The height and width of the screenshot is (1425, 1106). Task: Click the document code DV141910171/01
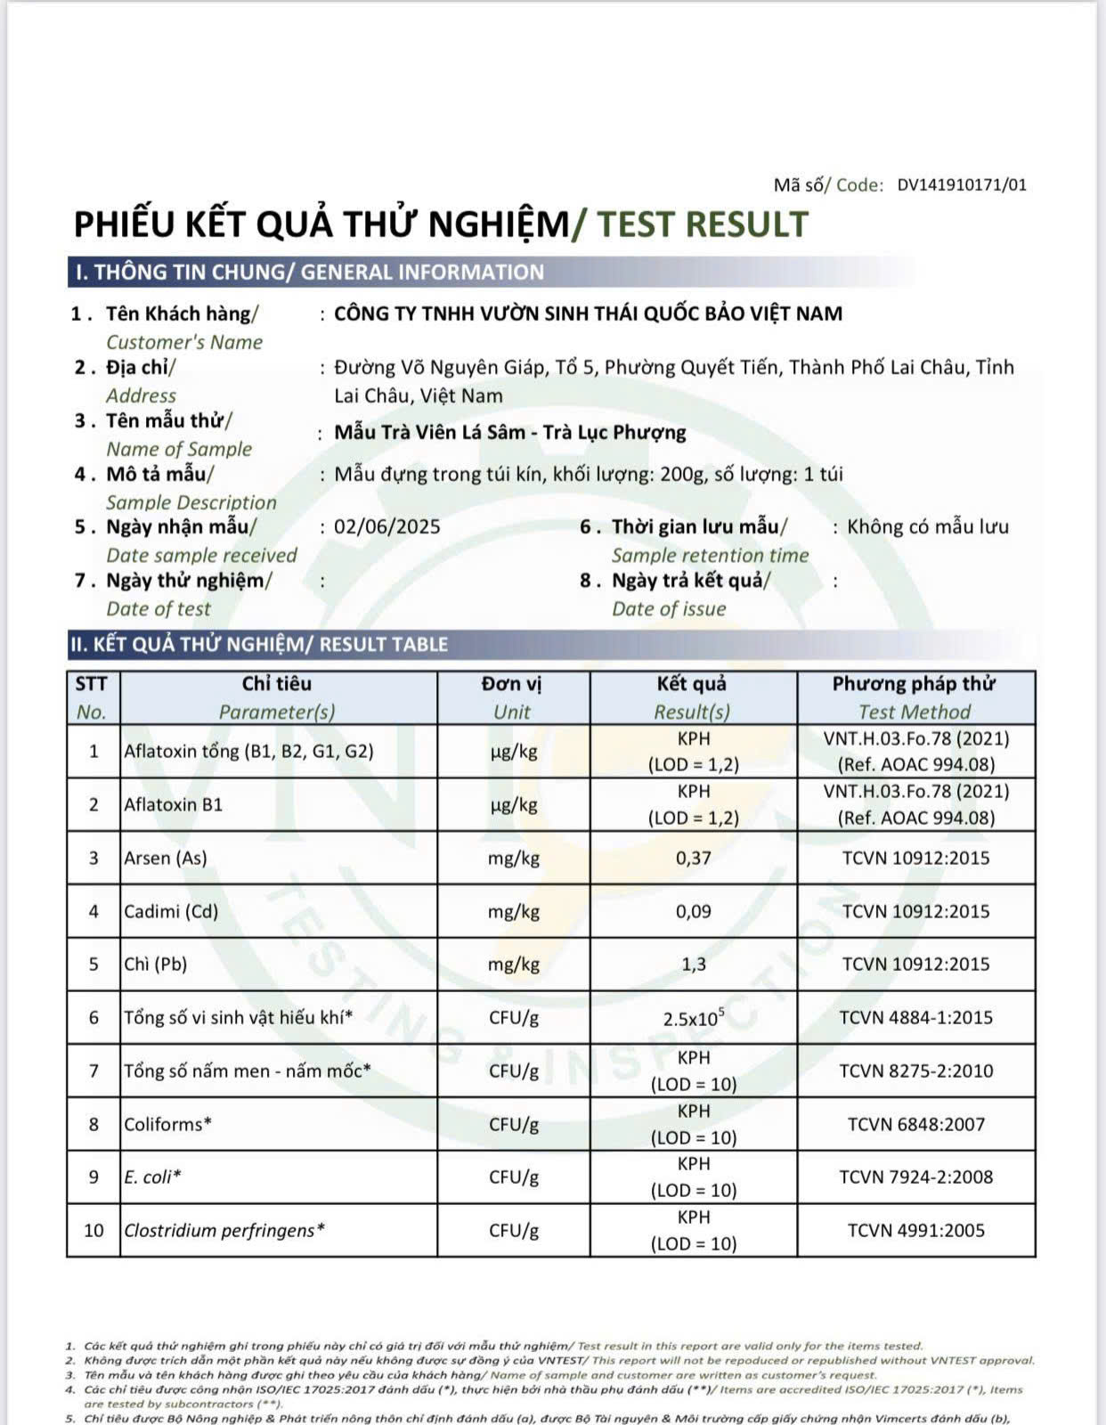click(x=961, y=185)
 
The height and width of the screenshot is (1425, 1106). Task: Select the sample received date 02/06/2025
click(x=386, y=526)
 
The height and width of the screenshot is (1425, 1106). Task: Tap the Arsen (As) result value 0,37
click(x=693, y=858)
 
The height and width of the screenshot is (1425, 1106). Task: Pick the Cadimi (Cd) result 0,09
click(x=693, y=911)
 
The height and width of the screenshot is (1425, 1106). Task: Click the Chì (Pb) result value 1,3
click(x=693, y=964)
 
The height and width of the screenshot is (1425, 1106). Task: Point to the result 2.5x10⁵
click(x=693, y=1018)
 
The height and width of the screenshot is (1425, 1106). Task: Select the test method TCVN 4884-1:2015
click(x=915, y=1017)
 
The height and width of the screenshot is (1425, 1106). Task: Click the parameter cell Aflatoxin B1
click(x=174, y=804)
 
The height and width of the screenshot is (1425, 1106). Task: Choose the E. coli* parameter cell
click(x=152, y=1177)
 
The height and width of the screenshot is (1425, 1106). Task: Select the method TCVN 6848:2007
click(x=915, y=1124)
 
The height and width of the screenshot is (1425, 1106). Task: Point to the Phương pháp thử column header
click(x=914, y=684)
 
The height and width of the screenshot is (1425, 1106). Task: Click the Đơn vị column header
click(x=512, y=684)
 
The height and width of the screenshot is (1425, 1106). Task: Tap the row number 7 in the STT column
click(x=94, y=1071)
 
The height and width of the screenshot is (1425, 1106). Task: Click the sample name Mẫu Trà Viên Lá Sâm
click(x=429, y=432)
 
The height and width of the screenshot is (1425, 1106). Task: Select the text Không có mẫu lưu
click(x=927, y=526)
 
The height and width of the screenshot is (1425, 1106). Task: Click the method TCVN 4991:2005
click(x=915, y=1230)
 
